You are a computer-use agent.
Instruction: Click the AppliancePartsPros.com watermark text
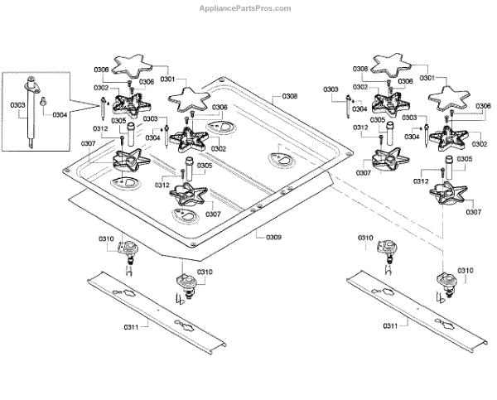click(245, 8)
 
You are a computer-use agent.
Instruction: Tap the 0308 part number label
click(290, 96)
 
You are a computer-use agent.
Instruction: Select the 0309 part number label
click(273, 237)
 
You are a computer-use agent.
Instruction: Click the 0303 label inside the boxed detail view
click(17, 105)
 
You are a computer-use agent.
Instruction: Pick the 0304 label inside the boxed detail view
click(60, 114)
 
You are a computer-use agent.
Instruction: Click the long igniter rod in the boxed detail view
click(31, 113)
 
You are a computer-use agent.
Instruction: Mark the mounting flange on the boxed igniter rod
click(31, 88)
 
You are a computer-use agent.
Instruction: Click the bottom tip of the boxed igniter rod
click(31, 147)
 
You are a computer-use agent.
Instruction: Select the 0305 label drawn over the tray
click(205, 166)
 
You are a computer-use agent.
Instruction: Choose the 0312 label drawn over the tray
click(162, 185)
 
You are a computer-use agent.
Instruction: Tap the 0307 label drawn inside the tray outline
click(213, 214)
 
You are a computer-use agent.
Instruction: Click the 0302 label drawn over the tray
click(219, 148)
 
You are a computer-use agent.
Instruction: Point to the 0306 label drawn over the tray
click(220, 107)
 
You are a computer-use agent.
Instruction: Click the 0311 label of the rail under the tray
click(131, 327)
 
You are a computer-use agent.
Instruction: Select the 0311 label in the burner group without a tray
click(390, 325)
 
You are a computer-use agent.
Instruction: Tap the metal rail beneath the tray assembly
click(157, 312)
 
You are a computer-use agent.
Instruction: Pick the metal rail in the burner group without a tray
click(417, 311)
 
